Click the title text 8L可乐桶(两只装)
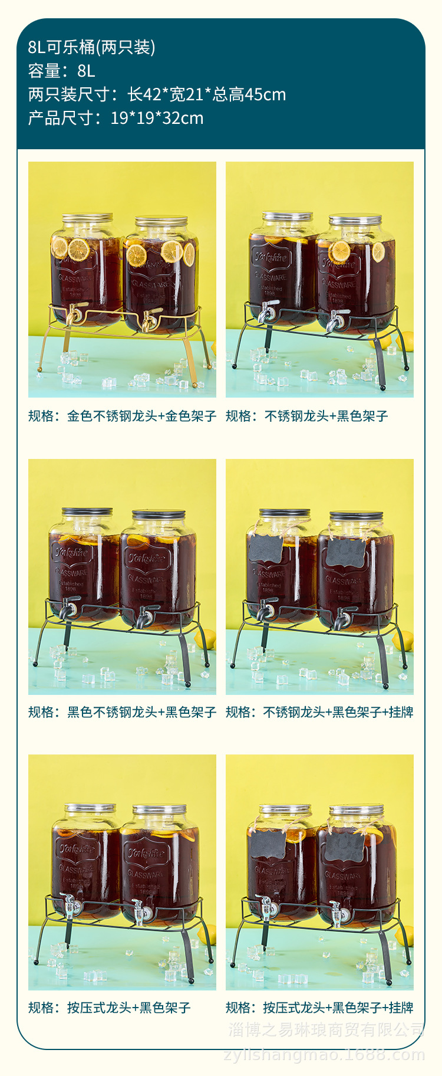coord(91,47)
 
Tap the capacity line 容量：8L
coord(61,71)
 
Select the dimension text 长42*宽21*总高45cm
coord(206,94)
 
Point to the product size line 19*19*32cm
coord(157,118)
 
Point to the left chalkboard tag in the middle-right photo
coord(266,549)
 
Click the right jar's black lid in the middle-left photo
coord(159,514)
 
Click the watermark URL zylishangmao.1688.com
coord(324,1055)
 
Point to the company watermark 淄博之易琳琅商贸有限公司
coord(326,1030)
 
